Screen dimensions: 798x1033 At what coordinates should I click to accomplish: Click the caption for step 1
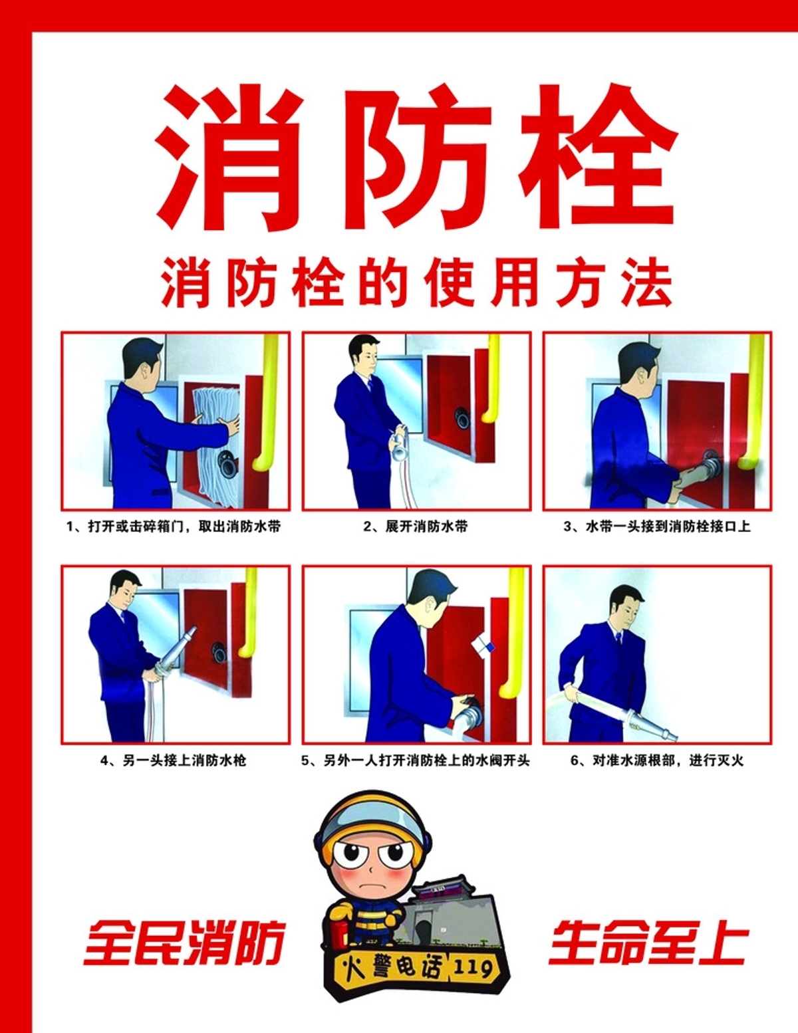(174, 526)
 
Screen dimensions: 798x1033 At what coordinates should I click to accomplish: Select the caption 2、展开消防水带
(415, 526)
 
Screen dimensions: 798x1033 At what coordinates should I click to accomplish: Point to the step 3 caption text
(657, 526)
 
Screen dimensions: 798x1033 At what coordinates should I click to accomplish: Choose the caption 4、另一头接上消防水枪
(174, 760)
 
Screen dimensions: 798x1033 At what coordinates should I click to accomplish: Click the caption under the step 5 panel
(415, 760)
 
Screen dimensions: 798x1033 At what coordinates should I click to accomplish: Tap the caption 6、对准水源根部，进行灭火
(657, 760)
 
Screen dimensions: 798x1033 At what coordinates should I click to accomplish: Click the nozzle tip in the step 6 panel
(670, 738)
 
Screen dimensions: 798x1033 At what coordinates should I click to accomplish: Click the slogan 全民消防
(184, 943)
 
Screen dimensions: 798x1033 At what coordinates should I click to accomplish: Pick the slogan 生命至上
(647, 943)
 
